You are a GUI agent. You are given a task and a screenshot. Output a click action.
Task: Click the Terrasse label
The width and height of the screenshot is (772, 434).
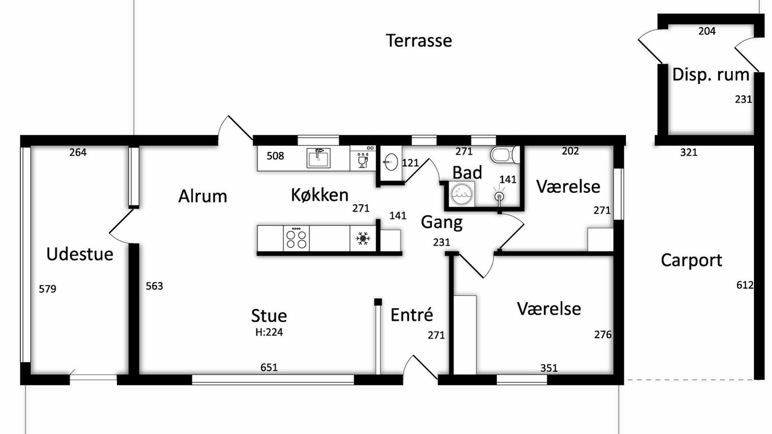(419, 40)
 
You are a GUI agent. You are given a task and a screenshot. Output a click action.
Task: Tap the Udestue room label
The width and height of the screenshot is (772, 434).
(80, 254)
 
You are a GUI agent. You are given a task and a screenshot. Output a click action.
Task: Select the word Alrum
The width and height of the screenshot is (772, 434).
(203, 197)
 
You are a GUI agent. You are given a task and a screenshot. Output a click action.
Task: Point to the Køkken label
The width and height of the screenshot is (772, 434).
(320, 195)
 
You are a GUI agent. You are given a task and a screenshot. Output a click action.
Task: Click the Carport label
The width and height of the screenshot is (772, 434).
(691, 260)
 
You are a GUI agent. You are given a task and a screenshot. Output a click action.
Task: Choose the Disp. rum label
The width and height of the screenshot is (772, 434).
(710, 75)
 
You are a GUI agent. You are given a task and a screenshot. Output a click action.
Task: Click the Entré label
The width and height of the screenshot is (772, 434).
(412, 315)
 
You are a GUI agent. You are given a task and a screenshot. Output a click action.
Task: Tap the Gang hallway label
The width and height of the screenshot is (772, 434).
(441, 222)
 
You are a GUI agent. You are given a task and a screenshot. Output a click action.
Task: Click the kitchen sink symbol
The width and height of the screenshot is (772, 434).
(318, 158)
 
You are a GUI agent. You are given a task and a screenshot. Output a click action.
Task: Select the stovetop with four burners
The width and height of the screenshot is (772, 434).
(296, 238)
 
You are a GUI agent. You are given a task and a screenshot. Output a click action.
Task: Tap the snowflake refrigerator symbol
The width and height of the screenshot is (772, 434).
(363, 238)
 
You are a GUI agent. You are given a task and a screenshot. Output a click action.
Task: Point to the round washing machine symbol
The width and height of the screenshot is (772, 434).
(462, 195)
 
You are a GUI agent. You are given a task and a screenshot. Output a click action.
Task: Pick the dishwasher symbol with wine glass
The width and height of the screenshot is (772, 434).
(362, 158)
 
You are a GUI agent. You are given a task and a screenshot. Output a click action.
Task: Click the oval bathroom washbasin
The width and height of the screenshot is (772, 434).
(391, 162)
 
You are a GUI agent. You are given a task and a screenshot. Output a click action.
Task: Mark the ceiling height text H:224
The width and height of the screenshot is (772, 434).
(269, 332)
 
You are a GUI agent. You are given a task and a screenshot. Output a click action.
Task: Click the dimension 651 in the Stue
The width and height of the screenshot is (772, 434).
(269, 368)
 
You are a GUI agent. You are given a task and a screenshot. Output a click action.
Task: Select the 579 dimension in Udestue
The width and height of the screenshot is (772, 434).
(48, 289)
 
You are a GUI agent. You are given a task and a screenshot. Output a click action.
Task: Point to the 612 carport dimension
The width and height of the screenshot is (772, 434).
(745, 285)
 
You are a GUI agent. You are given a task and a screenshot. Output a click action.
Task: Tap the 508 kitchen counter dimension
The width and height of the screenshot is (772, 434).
(276, 156)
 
